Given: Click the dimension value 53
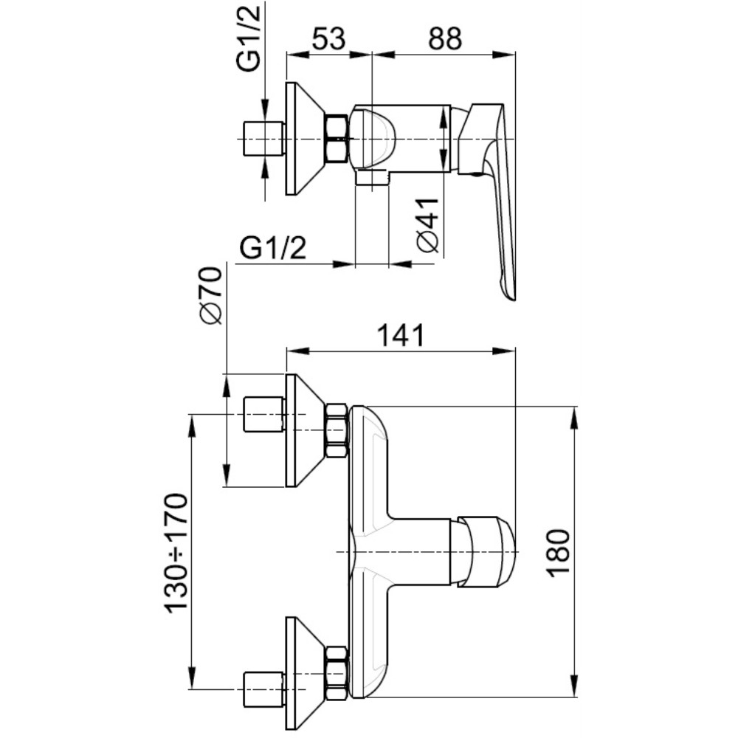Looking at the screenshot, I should [x=328, y=39].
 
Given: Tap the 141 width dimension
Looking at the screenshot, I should [x=401, y=336].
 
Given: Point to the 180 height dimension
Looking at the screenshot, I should [x=559, y=552].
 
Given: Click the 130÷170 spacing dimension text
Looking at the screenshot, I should [x=176, y=553].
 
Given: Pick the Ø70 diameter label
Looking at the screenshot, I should [x=210, y=295].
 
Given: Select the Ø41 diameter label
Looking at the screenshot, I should [x=428, y=226].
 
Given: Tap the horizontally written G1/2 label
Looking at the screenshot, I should [x=273, y=249].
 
